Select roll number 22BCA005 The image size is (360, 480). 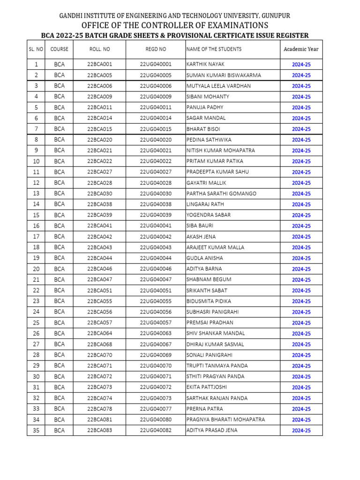click(99, 75)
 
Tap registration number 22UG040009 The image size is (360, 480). click(156, 97)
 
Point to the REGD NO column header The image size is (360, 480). click(156, 49)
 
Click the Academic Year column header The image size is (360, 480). click(301, 49)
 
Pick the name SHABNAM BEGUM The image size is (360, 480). click(209, 280)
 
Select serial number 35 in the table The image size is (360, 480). click(36, 430)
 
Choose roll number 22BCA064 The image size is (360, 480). click(99, 334)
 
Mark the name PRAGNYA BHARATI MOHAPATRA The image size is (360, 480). click(225, 420)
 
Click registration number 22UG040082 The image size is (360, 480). click(156, 430)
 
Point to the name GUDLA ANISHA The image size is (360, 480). click(205, 258)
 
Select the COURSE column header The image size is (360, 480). click(59, 49)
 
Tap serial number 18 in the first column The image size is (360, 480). click(36, 247)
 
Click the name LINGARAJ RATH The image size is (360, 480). click(205, 204)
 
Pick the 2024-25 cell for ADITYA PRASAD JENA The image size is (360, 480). click(301, 431)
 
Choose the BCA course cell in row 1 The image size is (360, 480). click(59, 64)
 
